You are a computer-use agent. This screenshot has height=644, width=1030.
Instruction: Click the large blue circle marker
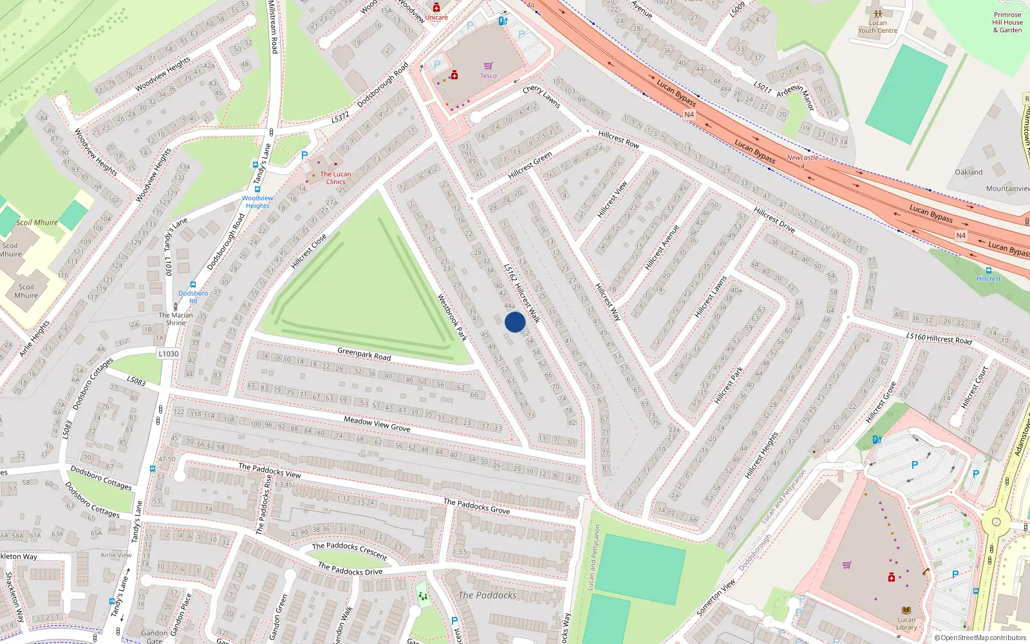tap(515, 322)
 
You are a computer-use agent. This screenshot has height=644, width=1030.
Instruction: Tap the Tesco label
tap(488, 76)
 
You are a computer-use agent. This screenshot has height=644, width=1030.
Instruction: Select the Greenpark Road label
tap(364, 354)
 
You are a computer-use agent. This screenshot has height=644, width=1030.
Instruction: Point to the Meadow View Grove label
tap(377, 424)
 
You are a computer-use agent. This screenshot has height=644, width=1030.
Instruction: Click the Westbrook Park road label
tap(452, 317)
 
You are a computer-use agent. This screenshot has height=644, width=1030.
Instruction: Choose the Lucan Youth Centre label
tap(877, 26)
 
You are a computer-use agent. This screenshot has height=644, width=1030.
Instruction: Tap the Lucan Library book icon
tap(906, 610)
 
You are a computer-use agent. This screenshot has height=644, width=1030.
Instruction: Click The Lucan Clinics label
tap(335, 178)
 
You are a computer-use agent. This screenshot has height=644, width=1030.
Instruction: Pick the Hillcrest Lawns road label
tap(711, 297)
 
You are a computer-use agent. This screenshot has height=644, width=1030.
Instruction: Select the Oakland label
tap(968, 172)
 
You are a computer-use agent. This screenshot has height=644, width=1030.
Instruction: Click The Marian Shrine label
tap(176, 319)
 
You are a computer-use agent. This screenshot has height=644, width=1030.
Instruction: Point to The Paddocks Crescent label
tap(350, 551)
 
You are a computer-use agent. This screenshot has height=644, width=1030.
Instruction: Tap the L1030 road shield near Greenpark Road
tap(168, 354)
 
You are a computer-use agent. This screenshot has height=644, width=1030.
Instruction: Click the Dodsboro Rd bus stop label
tap(193, 297)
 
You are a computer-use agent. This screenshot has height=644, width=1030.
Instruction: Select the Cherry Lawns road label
tap(541, 97)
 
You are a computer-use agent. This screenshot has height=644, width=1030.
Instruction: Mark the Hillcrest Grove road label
tap(881, 402)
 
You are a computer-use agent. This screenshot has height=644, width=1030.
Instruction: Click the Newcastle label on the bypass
tap(803, 158)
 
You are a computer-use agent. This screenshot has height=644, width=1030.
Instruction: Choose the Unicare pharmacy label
tap(436, 17)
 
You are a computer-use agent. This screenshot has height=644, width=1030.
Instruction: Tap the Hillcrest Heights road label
tap(762, 455)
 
